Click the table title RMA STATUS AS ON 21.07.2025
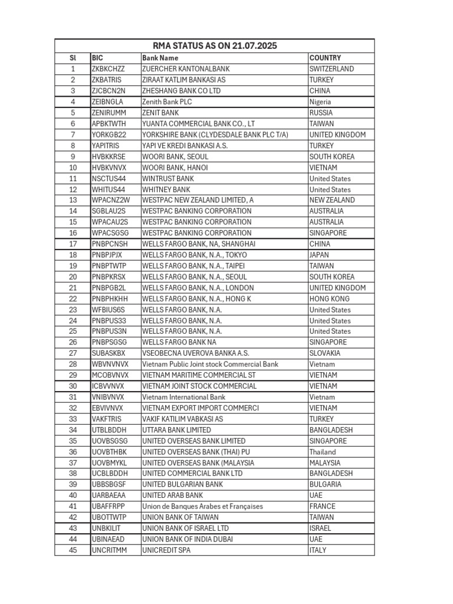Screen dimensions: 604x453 (215, 46)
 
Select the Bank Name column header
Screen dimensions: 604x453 (160, 58)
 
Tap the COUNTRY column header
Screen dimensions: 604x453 (325, 58)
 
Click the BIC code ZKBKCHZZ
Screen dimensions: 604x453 (108, 69)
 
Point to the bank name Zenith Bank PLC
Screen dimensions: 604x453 (167, 101)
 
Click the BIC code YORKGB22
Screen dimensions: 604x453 (109, 134)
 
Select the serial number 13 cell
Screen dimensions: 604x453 (73, 200)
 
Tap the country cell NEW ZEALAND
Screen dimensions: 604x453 (332, 200)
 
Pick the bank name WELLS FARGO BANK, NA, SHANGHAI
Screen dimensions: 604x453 (199, 244)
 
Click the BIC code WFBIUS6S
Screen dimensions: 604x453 (107, 310)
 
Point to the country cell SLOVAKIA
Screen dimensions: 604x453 (324, 353)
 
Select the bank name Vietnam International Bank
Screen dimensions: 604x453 (183, 397)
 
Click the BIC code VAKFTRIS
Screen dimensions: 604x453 (107, 419)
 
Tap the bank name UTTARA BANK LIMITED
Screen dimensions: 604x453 (176, 430)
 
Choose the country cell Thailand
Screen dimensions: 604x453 (323, 452)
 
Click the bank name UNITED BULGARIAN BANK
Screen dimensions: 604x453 (182, 484)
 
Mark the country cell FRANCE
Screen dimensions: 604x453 (322, 506)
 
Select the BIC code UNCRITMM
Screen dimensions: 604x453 (109, 550)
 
